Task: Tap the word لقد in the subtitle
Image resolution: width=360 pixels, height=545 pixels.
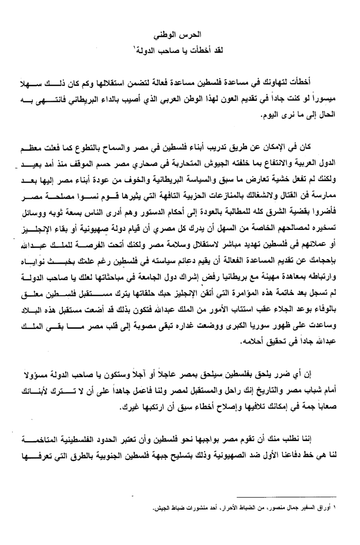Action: click(210, 49)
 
